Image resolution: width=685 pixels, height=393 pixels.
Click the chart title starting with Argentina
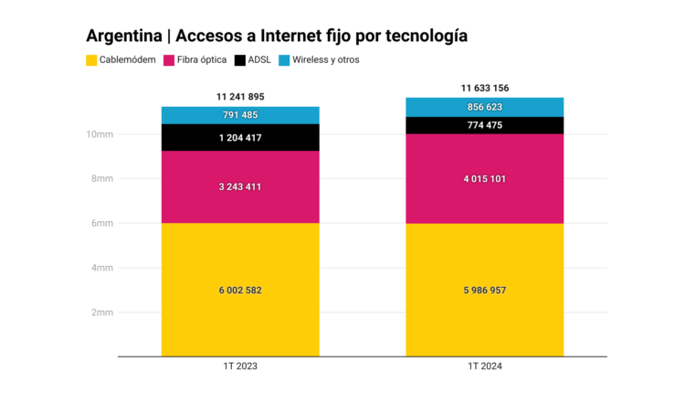pyautogui.click(x=277, y=37)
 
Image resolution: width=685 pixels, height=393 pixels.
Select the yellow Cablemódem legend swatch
pyautogui.click(x=91, y=60)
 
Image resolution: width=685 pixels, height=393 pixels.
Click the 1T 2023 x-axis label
pyautogui.click(x=240, y=366)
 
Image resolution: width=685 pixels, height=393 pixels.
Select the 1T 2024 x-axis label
pyautogui.click(x=484, y=366)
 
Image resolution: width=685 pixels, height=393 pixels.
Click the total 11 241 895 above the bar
pyautogui.click(x=240, y=96)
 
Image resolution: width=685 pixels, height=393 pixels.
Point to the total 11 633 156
pyautogui.click(x=484, y=88)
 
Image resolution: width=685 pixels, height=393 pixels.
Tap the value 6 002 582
pyautogui.click(x=240, y=290)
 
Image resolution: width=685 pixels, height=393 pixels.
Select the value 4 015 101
pyautogui.click(x=484, y=179)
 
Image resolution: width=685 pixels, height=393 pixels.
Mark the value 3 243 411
pyautogui.click(x=240, y=187)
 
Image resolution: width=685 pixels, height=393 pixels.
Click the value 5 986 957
pyautogui.click(x=484, y=290)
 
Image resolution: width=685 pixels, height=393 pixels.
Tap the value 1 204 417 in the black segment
pyautogui.click(x=240, y=137)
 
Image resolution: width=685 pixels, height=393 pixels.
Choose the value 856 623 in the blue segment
pyautogui.click(x=484, y=107)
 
